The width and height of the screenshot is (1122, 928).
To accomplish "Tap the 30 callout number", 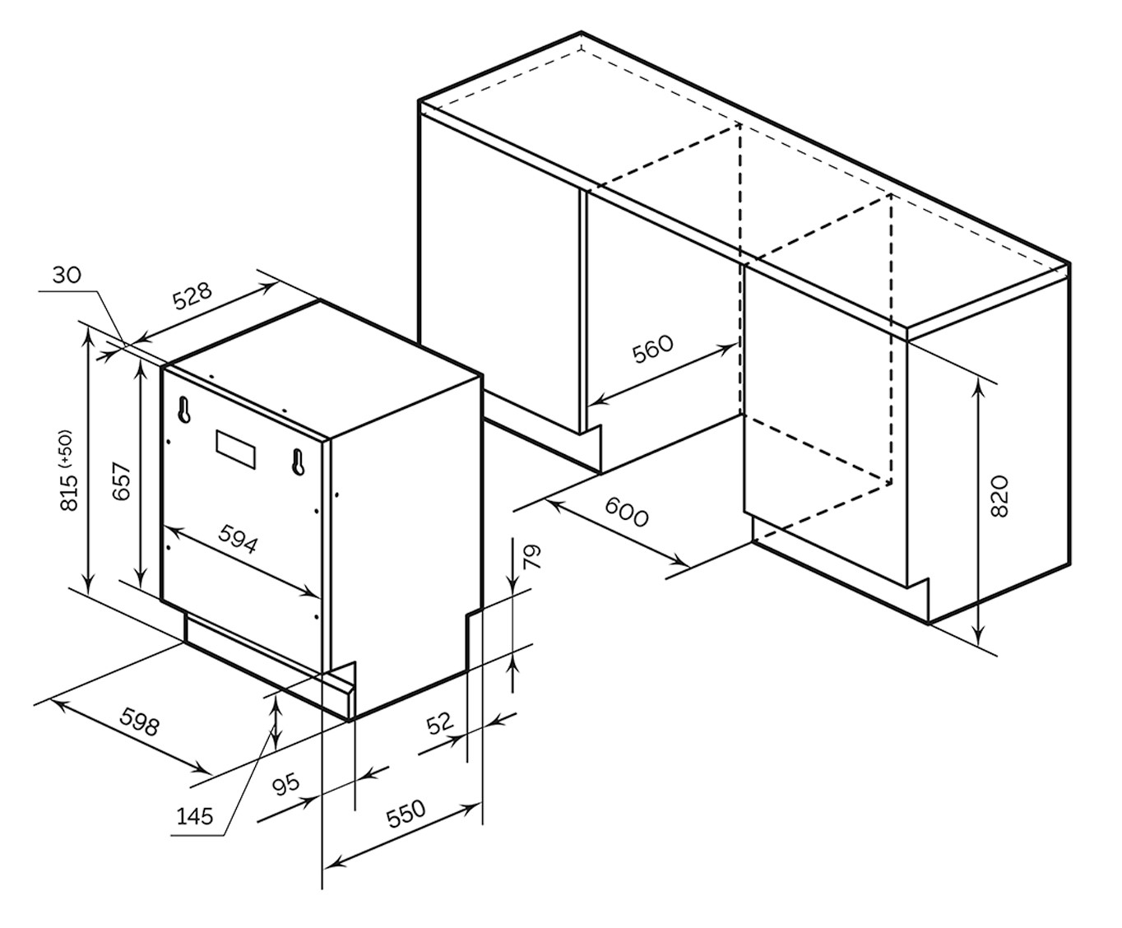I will click(67, 275).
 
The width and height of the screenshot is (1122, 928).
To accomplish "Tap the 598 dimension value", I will click(139, 722).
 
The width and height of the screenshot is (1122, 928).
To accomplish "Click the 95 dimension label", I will click(286, 784).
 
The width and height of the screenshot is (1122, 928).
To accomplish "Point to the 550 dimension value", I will click(406, 813).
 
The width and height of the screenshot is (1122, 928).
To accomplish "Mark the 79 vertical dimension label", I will click(532, 557).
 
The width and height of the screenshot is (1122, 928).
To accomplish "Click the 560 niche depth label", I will click(652, 349).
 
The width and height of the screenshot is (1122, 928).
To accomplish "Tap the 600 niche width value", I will click(627, 512).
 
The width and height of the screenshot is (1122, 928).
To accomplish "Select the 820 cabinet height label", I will click(999, 495).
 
